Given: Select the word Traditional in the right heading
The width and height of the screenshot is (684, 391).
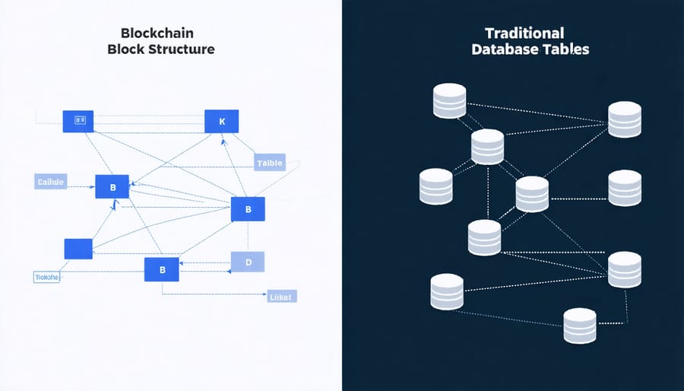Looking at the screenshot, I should click(x=524, y=33).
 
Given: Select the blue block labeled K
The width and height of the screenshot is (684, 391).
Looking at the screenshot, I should click(x=221, y=121).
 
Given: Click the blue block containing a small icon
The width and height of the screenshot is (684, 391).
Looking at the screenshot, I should click(x=78, y=120).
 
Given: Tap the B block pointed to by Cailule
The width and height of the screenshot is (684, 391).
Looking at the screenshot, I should click(x=112, y=186).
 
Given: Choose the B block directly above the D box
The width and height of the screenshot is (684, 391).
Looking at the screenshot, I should click(x=247, y=208).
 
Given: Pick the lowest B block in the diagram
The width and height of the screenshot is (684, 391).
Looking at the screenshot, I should click(x=161, y=269).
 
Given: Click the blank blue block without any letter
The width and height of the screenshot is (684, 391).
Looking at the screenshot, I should click(x=78, y=249).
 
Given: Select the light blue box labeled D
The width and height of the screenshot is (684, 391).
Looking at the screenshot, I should click(x=247, y=262).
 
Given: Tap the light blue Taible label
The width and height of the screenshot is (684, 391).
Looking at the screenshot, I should click(x=270, y=163).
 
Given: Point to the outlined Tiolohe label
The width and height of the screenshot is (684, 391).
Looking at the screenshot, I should click(x=47, y=278).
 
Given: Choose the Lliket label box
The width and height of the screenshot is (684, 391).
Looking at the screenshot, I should click(x=282, y=297).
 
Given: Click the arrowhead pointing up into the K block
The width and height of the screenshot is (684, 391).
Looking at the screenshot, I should click(x=223, y=139).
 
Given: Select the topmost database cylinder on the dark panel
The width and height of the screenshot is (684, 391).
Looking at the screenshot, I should click(x=449, y=101).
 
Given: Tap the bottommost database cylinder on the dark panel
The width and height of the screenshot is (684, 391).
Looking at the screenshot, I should click(x=580, y=326).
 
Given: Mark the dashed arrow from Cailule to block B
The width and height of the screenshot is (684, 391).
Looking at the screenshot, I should click(x=81, y=182).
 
